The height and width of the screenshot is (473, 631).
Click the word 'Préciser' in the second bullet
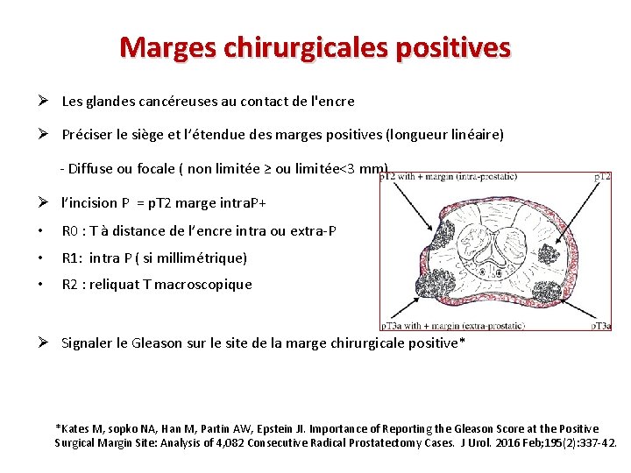[x=89, y=135]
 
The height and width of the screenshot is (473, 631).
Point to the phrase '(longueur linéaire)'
[x=450, y=135]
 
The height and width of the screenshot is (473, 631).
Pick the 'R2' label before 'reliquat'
[x=70, y=284]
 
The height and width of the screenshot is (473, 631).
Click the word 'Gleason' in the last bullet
[x=156, y=342]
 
